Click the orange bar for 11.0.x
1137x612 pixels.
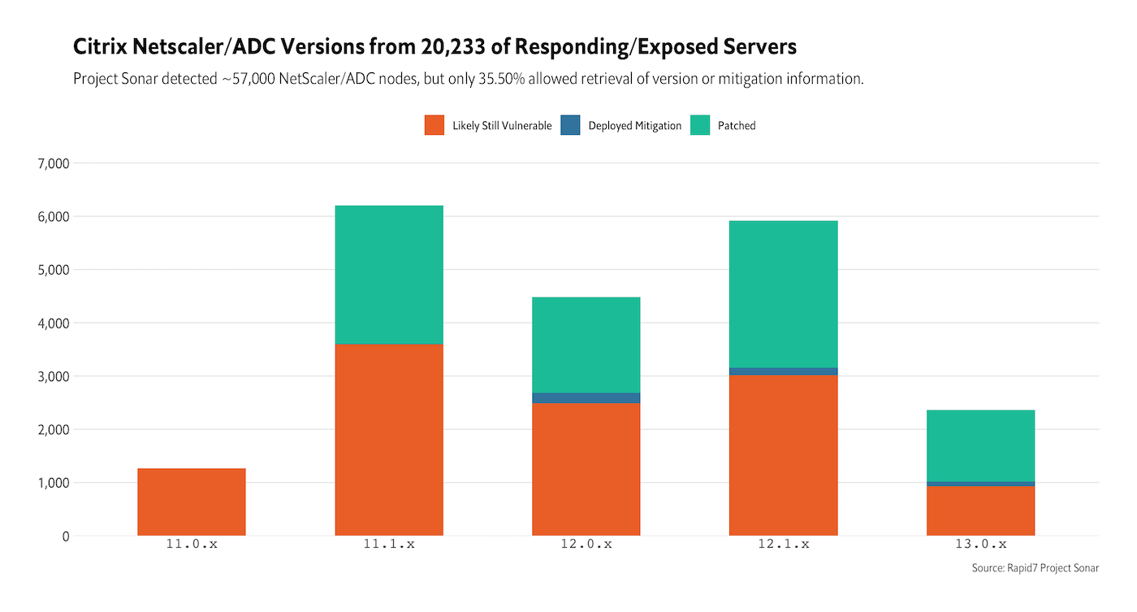[x=192, y=501]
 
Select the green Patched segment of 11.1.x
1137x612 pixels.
[x=389, y=275]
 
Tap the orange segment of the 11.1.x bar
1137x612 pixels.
[x=389, y=440]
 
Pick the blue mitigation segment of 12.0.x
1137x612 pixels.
[x=586, y=397]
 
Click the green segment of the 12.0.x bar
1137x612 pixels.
[x=586, y=345]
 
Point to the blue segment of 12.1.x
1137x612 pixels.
[x=783, y=371]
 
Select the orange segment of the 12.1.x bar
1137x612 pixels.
[x=783, y=455]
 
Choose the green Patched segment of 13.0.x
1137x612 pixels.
[x=980, y=445]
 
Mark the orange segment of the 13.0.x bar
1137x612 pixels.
[x=980, y=510]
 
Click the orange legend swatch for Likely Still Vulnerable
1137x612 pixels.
[x=434, y=125]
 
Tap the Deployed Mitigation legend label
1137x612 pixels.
[x=634, y=126]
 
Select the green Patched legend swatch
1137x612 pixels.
[x=700, y=125]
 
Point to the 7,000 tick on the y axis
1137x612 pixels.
[x=54, y=163]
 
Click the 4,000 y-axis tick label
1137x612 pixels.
[x=54, y=323]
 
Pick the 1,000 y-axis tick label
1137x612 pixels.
[x=54, y=483]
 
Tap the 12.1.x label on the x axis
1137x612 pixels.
[x=783, y=545]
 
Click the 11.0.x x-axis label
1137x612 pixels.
[x=192, y=545]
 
